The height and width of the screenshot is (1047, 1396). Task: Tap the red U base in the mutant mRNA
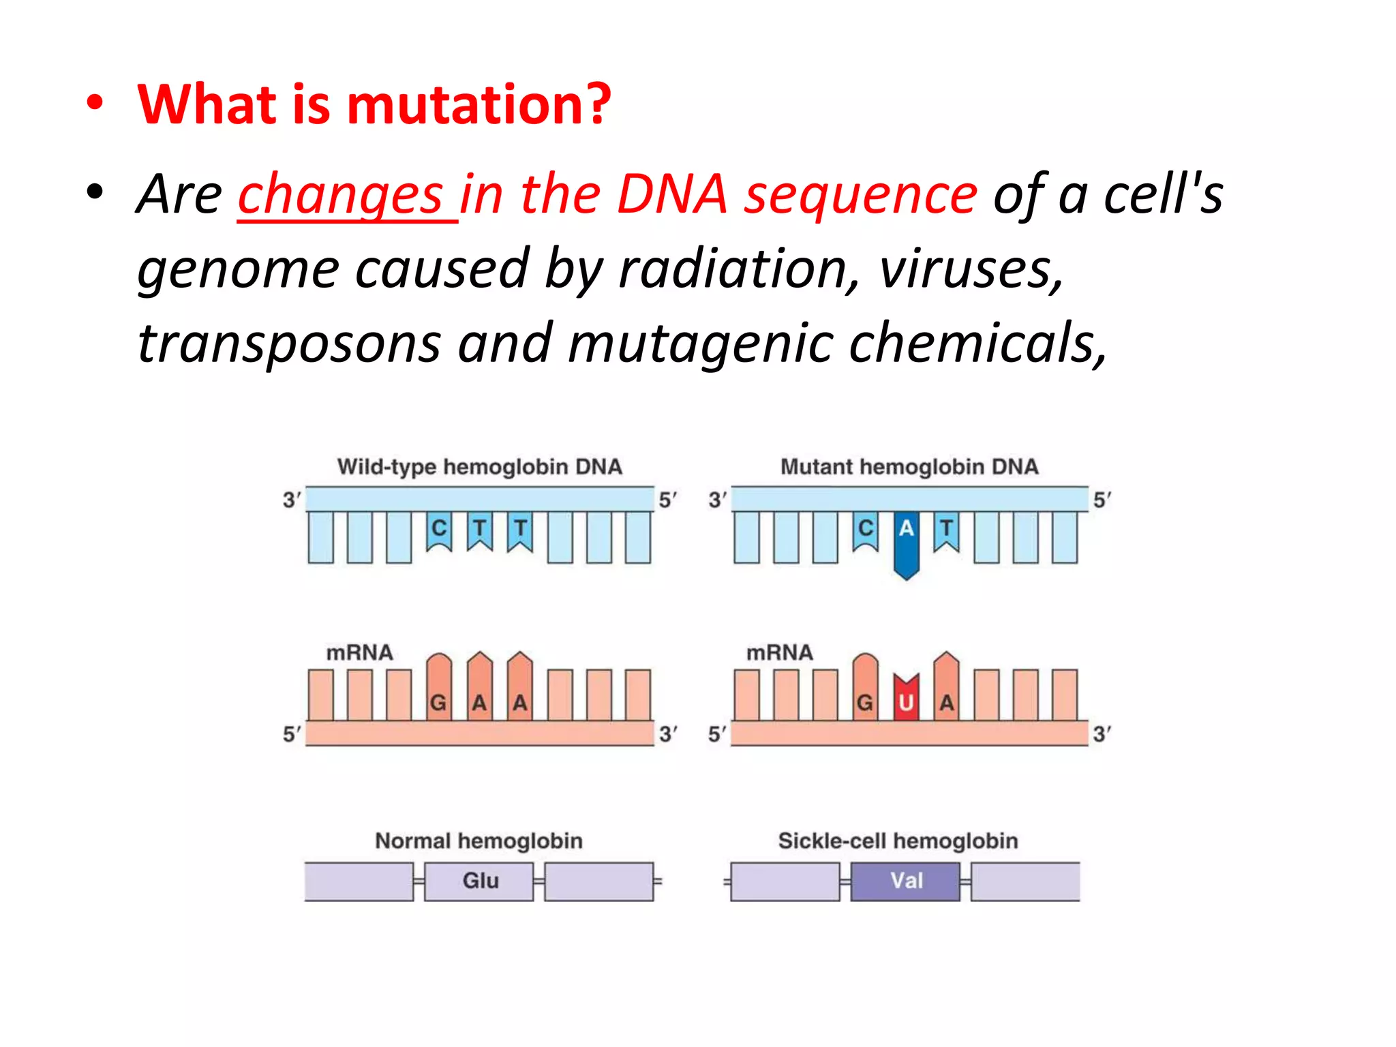pos(906,699)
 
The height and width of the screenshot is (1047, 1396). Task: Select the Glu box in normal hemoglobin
pos(479,881)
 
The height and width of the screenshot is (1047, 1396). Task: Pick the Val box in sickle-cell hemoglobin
pos(905,881)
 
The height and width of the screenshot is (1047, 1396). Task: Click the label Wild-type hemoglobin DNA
pos(479,467)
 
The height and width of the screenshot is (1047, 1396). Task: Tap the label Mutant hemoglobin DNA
pos(909,467)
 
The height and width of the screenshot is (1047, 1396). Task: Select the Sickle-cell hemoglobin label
pos(898,840)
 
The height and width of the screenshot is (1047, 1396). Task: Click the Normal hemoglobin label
pos(479,840)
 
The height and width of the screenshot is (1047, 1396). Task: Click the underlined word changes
pos(341,195)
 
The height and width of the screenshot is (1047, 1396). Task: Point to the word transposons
pos(289,344)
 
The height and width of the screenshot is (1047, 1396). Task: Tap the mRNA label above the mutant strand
pos(779,652)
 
